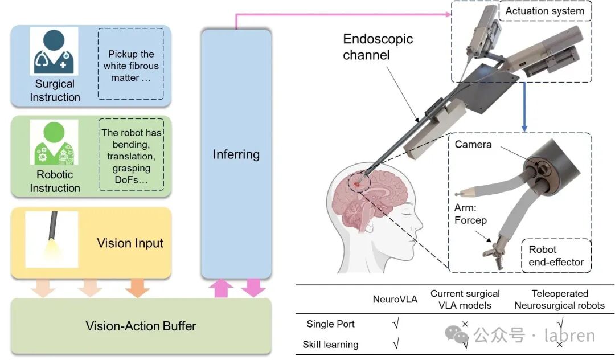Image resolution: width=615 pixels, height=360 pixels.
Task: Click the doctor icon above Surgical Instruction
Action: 54,52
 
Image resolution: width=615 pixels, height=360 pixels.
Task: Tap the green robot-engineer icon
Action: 54,142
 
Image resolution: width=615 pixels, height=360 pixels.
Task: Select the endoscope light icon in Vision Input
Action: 52,239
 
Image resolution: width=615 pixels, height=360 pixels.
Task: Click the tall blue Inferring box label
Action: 236,154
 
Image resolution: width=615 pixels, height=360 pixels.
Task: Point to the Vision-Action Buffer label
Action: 141,326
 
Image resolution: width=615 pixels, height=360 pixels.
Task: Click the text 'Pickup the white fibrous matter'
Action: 131,66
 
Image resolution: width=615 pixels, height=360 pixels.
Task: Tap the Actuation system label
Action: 544,11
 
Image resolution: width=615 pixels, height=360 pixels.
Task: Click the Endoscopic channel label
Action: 377,47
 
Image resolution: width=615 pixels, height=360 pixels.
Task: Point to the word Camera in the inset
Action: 473,145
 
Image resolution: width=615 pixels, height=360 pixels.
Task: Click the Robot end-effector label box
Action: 556,256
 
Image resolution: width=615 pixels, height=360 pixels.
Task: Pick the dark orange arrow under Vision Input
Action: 137,288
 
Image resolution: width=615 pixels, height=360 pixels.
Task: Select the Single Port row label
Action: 330,324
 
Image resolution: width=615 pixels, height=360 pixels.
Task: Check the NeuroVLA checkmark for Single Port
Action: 396,324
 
